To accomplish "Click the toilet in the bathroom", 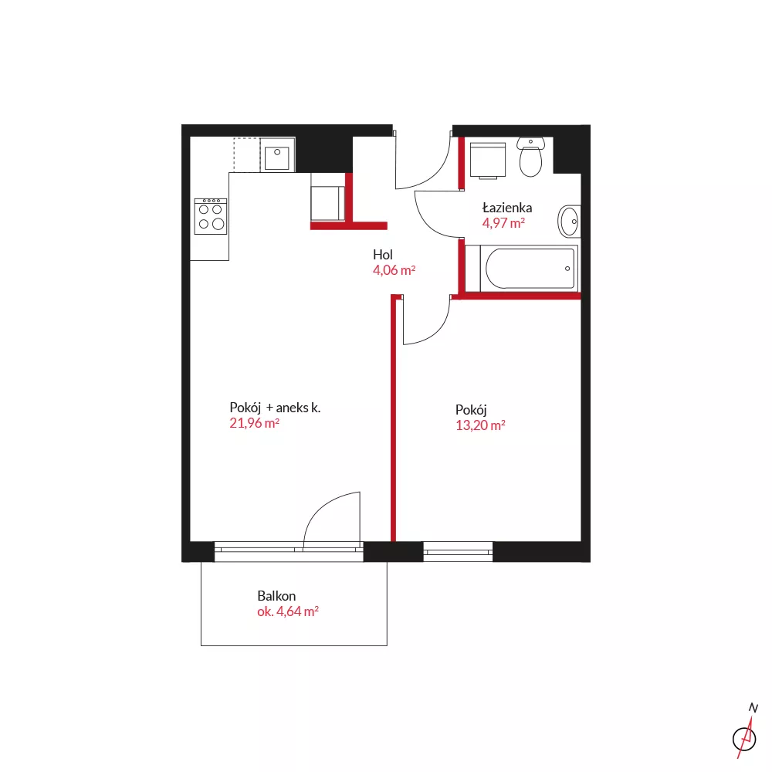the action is click(530, 157).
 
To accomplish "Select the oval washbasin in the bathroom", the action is click(569, 222).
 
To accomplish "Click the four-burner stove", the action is click(211, 216).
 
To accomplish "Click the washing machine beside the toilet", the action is click(488, 160).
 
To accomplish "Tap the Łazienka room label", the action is click(507, 208).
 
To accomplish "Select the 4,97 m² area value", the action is click(503, 223).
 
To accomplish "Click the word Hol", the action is click(383, 255).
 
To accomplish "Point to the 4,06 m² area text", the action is click(394, 269).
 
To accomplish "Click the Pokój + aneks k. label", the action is click(275, 408).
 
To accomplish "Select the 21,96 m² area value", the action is click(254, 423).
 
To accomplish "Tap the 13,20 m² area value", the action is click(480, 425).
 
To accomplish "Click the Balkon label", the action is click(276, 596).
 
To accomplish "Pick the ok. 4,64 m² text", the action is click(287, 611).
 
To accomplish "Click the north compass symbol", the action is click(746, 732).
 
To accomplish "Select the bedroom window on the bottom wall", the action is click(458, 551).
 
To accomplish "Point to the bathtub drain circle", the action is click(567, 269).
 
